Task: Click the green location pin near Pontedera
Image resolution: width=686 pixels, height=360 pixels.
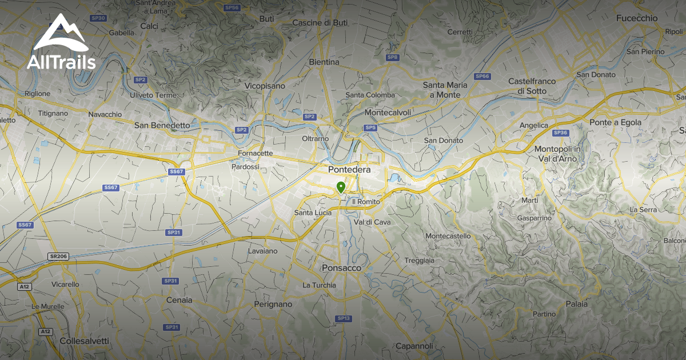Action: pos(341,187)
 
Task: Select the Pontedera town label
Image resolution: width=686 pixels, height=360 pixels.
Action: pos(349,170)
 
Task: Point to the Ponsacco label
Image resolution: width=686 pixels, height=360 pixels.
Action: pos(342,267)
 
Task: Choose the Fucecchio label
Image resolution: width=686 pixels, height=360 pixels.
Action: pos(637,18)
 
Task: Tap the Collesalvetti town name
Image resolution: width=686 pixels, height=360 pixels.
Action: pos(85,341)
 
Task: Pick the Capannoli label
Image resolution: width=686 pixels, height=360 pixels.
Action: pos(414,346)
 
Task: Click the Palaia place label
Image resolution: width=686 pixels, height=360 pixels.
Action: pos(576,304)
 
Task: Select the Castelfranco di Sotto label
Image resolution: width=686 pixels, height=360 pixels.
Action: pos(532,86)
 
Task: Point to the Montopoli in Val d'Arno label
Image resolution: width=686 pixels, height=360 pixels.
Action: pos(557,153)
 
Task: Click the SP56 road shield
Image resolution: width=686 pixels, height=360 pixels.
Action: pos(232,7)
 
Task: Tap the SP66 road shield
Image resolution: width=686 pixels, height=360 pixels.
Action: pos(482,76)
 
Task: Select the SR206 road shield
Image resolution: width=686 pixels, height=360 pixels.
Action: pos(58,257)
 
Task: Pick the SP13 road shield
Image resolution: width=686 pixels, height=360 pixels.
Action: pos(343,318)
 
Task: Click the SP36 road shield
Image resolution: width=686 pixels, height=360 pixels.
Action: pos(560,133)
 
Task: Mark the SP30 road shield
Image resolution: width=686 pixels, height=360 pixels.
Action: pos(99,18)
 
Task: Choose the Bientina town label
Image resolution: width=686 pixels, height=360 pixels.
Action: pos(324,62)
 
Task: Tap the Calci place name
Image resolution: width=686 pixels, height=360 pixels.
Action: pos(149,26)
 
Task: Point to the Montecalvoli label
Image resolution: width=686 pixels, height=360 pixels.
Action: pos(388,113)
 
